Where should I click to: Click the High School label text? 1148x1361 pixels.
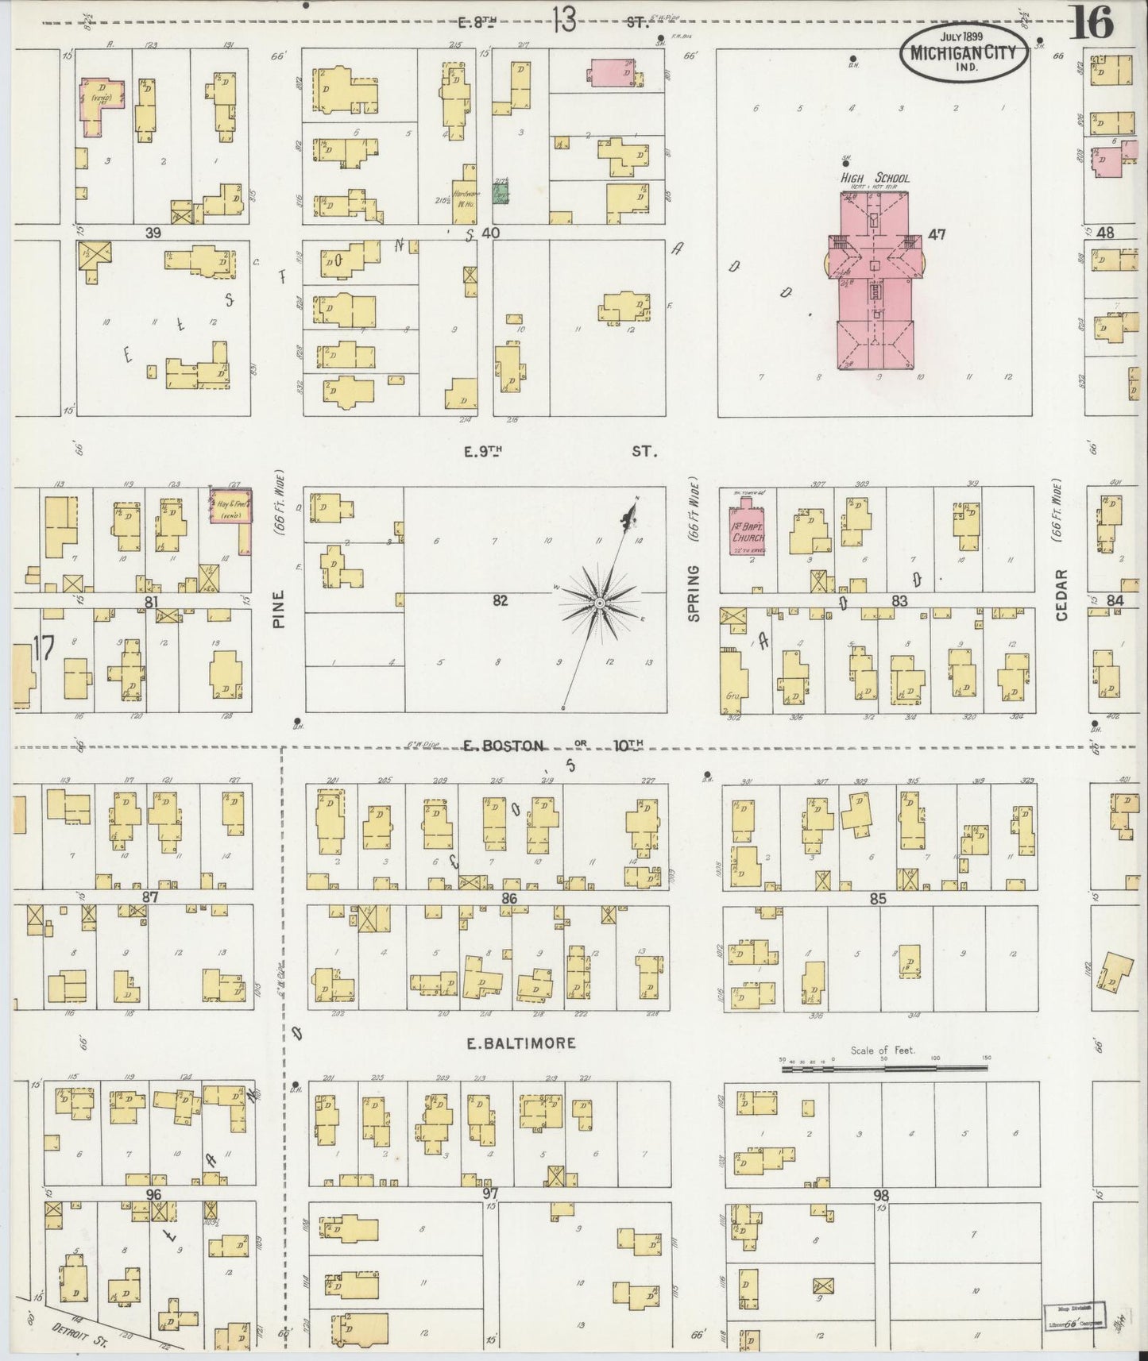(875, 179)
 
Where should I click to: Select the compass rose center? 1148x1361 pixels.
(600, 605)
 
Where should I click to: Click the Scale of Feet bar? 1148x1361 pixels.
(883, 1069)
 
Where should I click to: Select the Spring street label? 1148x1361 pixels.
(693, 593)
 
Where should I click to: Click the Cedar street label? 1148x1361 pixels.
(1062, 595)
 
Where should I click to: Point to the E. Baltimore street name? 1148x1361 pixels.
(520, 1043)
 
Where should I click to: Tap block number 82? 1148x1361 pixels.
(499, 601)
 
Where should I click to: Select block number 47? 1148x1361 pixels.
(937, 235)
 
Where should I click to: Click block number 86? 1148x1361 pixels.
(509, 898)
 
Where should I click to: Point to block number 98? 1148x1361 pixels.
(879, 1195)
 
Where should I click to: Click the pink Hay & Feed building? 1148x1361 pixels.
(231, 506)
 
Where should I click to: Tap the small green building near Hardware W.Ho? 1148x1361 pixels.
(501, 191)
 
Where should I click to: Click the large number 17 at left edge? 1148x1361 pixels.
(44, 649)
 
